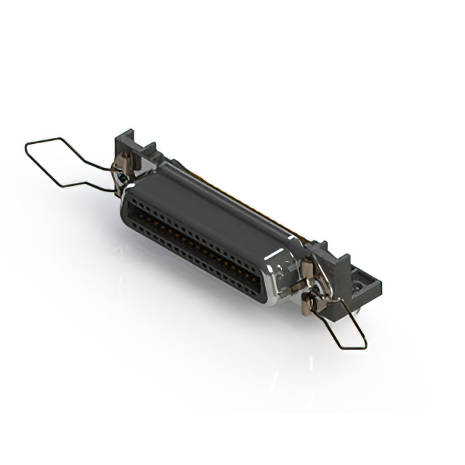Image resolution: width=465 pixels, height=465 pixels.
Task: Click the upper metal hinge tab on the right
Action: tap(308, 271)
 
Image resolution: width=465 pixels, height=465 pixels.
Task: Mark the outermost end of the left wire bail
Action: tap(27, 148)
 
